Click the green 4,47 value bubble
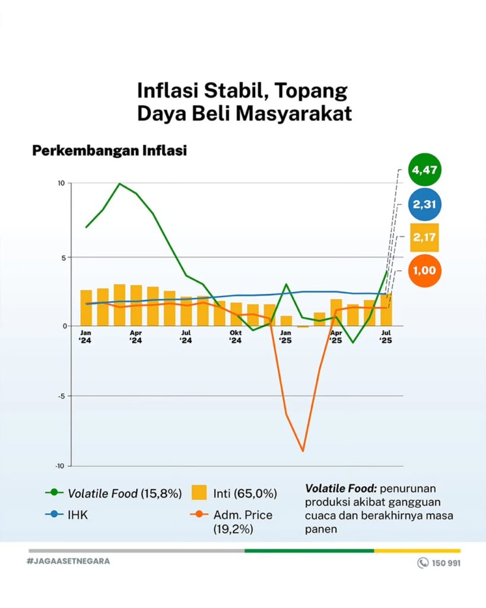point(424,170)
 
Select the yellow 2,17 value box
point(424,237)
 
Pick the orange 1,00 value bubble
point(424,270)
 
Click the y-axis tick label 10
point(61,183)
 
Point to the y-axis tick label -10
point(59,465)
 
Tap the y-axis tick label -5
point(61,396)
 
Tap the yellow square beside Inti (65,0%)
point(199,493)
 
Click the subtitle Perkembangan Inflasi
point(109,151)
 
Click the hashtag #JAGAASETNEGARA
point(68,561)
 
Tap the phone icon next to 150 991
point(423,563)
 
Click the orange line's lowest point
point(303,451)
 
